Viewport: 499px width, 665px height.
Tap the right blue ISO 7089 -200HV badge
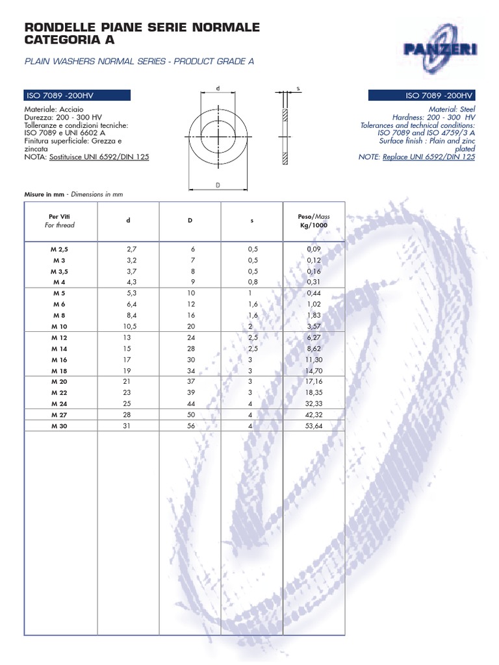click(422, 95)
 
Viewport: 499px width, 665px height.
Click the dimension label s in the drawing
click(297, 88)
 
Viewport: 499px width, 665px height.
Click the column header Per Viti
click(60, 216)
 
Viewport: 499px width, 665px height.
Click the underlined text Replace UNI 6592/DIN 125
click(429, 157)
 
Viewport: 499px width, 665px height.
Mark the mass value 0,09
click(313, 249)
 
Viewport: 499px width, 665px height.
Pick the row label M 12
click(60, 337)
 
